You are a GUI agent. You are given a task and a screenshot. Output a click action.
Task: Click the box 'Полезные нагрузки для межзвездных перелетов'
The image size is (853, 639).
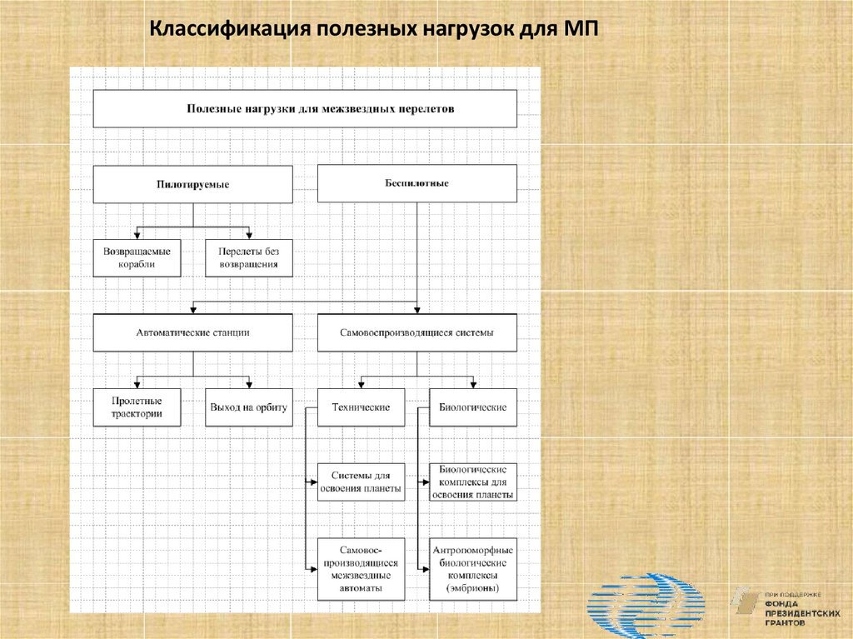click(x=304, y=108)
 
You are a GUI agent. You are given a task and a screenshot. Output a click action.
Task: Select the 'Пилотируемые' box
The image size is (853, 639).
click(x=192, y=184)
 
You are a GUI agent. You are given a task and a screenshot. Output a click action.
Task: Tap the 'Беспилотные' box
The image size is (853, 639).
click(x=417, y=183)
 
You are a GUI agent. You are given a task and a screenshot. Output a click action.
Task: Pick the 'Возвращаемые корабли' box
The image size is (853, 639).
click(x=137, y=258)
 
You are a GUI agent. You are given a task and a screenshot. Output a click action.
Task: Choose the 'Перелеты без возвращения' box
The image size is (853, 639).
click(x=249, y=258)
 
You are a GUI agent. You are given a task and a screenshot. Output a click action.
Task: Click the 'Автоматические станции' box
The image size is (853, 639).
click(x=192, y=332)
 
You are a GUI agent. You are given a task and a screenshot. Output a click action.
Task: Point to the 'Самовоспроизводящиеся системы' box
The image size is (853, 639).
click(x=417, y=332)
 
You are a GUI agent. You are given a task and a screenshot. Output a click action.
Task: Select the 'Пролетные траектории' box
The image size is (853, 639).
click(x=137, y=407)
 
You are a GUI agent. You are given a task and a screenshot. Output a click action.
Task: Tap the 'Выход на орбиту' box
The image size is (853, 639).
click(x=249, y=407)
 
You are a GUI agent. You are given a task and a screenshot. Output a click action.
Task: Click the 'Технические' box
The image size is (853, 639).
click(x=361, y=407)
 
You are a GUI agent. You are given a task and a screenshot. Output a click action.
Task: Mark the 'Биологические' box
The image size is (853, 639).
click(x=472, y=407)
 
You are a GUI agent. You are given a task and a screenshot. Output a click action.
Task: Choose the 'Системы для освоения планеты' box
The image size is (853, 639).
click(x=361, y=482)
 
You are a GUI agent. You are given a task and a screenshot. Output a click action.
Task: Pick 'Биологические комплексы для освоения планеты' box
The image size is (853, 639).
click(x=472, y=482)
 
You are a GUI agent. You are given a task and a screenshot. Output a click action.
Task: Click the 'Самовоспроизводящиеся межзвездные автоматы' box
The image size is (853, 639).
click(x=361, y=569)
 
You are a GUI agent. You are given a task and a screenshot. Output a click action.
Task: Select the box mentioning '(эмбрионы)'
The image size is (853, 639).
click(x=472, y=569)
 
